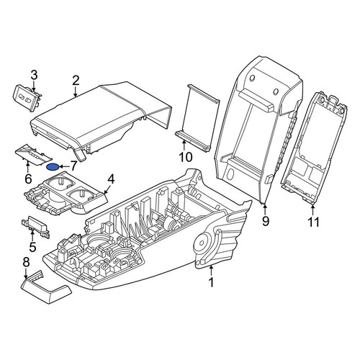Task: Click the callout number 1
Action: point(211,282)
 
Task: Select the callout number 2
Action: point(76,81)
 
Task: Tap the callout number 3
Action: point(34,75)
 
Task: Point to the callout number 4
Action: point(111,179)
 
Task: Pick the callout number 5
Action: point(32,247)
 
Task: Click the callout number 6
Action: point(28,179)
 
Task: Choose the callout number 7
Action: point(73,166)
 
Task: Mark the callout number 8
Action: point(26,263)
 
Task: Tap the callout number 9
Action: point(265,221)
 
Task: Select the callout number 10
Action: point(186,157)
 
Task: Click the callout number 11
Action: point(313,222)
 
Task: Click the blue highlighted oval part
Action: point(53,166)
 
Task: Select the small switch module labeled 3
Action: point(27,98)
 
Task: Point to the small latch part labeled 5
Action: point(36,225)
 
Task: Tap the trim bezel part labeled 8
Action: point(45,288)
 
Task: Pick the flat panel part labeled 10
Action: point(197,117)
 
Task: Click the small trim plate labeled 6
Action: point(33,155)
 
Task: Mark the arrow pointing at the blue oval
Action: point(63,166)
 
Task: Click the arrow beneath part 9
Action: point(265,209)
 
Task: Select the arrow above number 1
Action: point(211,270)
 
